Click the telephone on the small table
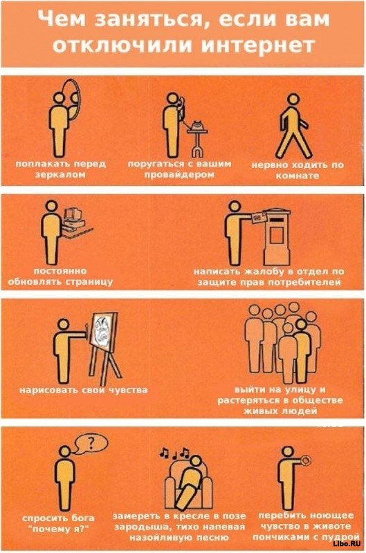coord(197,125)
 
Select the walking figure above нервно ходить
coord(293,126)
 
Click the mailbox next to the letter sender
coord(277,236)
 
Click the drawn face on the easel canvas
coord(102,331)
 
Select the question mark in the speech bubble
coord(91,442)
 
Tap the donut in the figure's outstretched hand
coord(305,460)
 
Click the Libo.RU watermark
coord(346,544)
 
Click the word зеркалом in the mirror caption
coord(61,175)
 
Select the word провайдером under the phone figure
coord(179,174)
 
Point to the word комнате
coord(298,176)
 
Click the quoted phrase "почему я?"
coord(58,529)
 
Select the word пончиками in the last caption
coord(277,537)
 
